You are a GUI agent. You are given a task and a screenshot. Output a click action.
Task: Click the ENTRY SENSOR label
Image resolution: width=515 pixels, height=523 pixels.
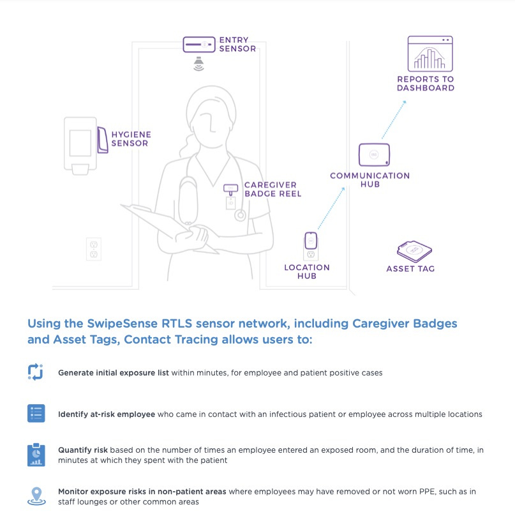pos(237,44)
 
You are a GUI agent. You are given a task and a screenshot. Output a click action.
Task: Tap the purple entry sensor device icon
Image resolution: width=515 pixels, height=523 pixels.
pos(199,45)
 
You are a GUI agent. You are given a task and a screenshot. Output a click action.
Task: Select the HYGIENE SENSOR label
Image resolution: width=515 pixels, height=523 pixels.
pos(130,139)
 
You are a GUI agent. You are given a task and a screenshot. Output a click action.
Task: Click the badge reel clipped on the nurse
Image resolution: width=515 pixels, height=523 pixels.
pos(230,189)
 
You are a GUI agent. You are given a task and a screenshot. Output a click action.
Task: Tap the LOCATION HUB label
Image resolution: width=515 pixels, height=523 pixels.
pos(307,271)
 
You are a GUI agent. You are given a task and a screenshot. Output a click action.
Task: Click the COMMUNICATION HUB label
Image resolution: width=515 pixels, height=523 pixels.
pos(370,179)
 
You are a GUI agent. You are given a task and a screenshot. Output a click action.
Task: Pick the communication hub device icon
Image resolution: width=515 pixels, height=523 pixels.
pos(374,154)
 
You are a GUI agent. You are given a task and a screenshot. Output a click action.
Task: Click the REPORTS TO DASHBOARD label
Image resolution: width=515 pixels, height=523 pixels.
pos(426,84)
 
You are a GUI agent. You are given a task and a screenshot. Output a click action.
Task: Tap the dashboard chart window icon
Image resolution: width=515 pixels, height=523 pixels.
pos(430,54)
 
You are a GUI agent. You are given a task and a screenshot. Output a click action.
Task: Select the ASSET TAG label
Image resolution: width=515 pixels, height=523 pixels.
pos(410,269)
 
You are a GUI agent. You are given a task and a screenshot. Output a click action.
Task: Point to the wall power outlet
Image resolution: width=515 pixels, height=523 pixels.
pos(94,248)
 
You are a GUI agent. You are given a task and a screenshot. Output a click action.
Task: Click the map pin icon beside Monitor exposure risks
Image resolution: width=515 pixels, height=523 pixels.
pos(36,496)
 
